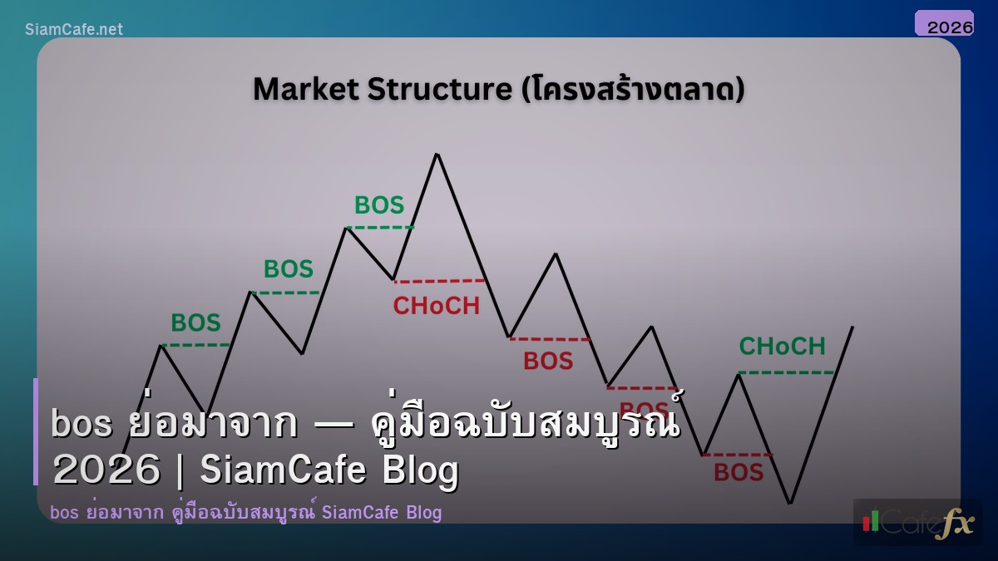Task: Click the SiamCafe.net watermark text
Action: pyautogui.click(x=74, y=29)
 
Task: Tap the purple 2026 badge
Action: pyautogui.click(x=944, y=24)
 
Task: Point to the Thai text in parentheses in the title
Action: pyautogui.click(x=631, y=89)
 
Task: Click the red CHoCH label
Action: pyautogui.click(x=436, y=306)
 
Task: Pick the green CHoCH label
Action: pyautogui.click(x=782, y=346)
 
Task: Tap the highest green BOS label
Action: pyautogui.click(x=379, y=204)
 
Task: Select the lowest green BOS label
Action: pyautogui.click(x=195, y=322)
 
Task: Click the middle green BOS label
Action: pyautogui.click(x=289, y=269)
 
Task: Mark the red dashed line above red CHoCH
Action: pyautogui.click(x=439, y=281)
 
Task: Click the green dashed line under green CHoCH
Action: pyautogui.click(x=785, y=372)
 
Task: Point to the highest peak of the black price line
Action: pyautogui.click(x=437, y=154)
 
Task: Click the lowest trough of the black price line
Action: pyautogui.click(x=789, y=503)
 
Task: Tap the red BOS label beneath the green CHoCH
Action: pyautogui.click(x=739, y=473)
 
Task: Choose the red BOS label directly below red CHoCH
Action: pyautogui.click(x=548, y=361)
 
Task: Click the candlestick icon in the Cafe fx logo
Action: pyautogui.click(x=872, y=521)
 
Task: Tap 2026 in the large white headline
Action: pyautogui.click(x=106, y=470)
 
